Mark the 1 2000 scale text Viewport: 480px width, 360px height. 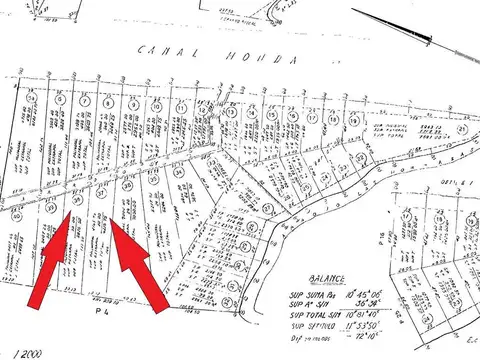[x=18, y=351]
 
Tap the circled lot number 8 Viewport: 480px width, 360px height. [x=107, y=101]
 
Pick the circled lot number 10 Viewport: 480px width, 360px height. [x=156, y=104]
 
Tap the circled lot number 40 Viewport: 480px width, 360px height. [x=16, y=214]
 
